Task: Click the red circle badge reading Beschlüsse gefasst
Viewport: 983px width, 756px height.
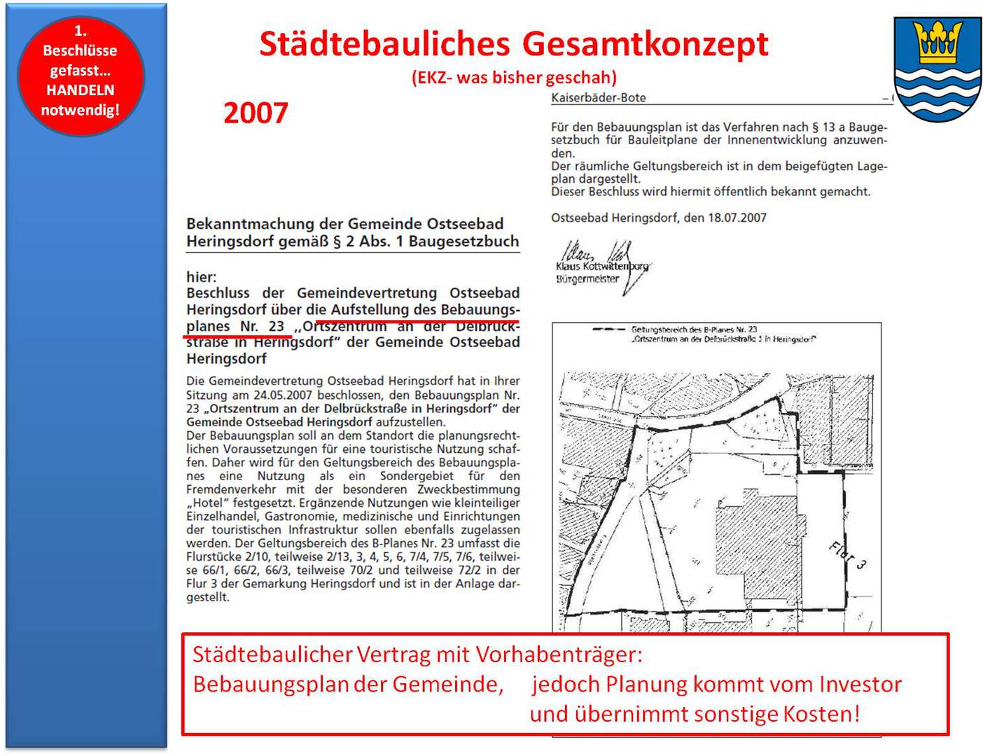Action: coord(81,75)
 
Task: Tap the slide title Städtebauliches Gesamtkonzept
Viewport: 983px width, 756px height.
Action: coord(513,43)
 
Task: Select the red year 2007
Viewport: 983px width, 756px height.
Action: coord(256,113)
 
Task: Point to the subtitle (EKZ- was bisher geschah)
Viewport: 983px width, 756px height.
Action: coord(514,77)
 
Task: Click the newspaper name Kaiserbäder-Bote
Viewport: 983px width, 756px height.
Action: coord(598,98)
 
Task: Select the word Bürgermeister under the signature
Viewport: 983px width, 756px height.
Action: coord(587,279)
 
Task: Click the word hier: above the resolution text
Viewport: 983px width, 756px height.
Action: coord(202,276)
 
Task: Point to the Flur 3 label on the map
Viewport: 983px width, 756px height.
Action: coord(848,556)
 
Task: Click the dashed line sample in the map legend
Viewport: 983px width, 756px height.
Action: coord(608,329)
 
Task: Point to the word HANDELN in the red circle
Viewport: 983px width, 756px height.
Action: coord(80,90)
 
